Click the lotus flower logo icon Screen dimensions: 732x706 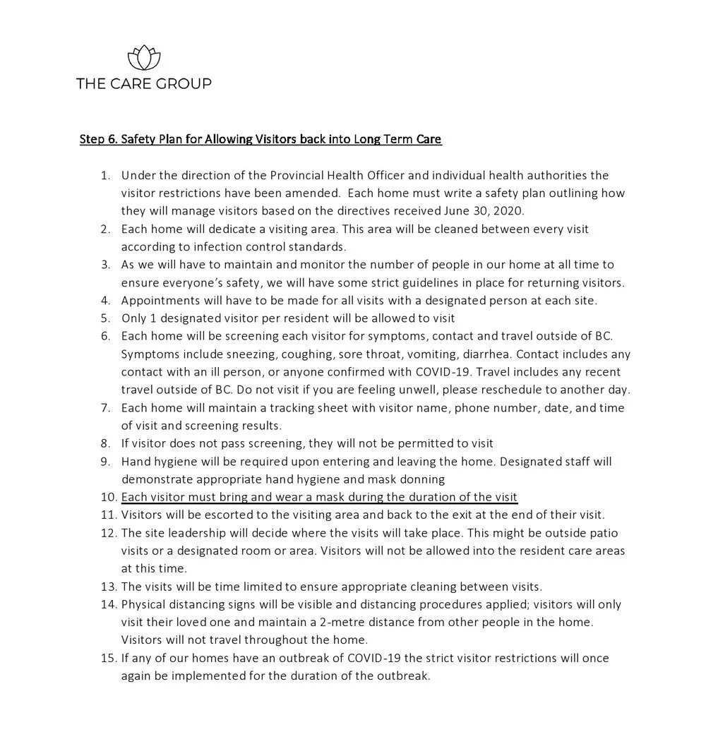pos(143,57)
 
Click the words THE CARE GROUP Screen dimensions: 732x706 pos(143,84)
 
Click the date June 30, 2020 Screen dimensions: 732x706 pos(487,211)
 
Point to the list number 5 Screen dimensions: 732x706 pos(105,318)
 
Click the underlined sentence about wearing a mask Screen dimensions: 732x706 pos(319,496)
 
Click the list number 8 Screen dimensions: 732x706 pos(105,443)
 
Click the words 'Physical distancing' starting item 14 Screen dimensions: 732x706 pos(170,604)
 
